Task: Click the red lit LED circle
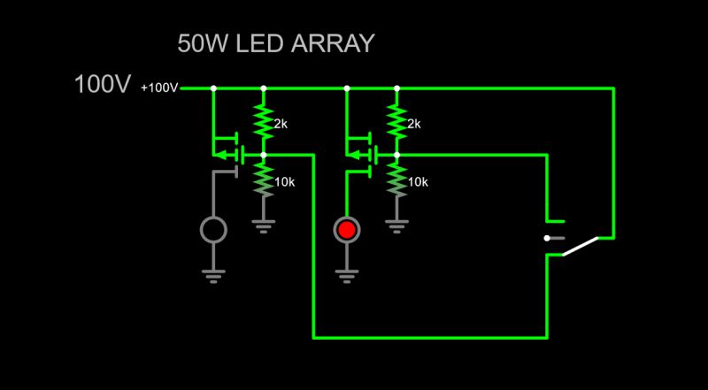pos(347,230)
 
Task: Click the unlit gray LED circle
pos(213,230)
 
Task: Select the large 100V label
pos(103,86)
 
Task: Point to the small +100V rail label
pos(159,88)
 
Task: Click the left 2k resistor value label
pos(280,124)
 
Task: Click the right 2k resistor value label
pos(413,124)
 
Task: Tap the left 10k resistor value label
pos(283,182)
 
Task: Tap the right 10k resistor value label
pos(417,182)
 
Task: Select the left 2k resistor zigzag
pos(263,121)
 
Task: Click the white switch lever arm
pos(581,246)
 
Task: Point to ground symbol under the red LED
pos(347,275)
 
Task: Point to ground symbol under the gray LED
pos(213,275)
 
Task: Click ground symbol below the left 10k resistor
pos(263,226)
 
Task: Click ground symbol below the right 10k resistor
pos(396,226)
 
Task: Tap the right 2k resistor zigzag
pos(396,121)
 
